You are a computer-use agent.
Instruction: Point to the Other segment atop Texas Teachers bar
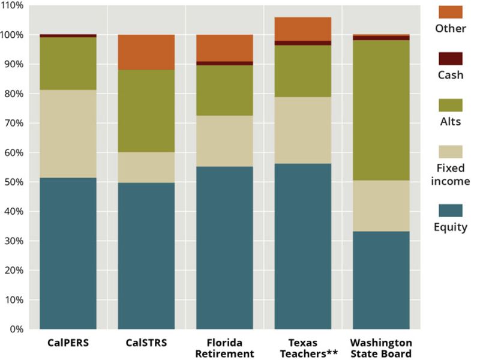click(x=302, y=29)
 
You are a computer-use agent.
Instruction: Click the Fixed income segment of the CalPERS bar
click(x=68, y=134)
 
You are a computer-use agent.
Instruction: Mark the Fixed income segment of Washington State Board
click(x=380, y=206)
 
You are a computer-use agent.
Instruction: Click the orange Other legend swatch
click(x=451, y=12)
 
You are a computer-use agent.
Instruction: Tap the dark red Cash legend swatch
click(x=451, y=58)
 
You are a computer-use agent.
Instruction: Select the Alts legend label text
click(x=451, y=122)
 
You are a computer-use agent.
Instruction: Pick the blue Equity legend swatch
click(x=451, y=210)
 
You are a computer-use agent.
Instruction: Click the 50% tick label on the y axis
click(x=14, y=182)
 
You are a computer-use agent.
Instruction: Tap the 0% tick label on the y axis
click(x=16, y=329)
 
